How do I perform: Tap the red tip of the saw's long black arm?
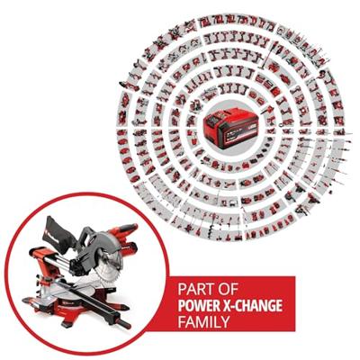126,322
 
